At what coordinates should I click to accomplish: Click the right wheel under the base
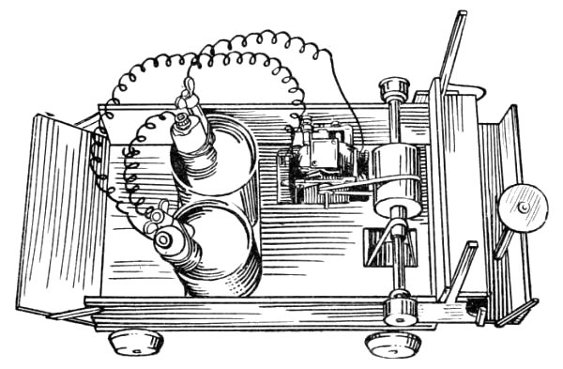[392, 343]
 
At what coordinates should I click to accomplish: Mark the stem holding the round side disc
[504, 239]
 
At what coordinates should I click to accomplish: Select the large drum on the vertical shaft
[398, 178]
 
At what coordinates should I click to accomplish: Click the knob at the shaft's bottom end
[401, 310]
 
